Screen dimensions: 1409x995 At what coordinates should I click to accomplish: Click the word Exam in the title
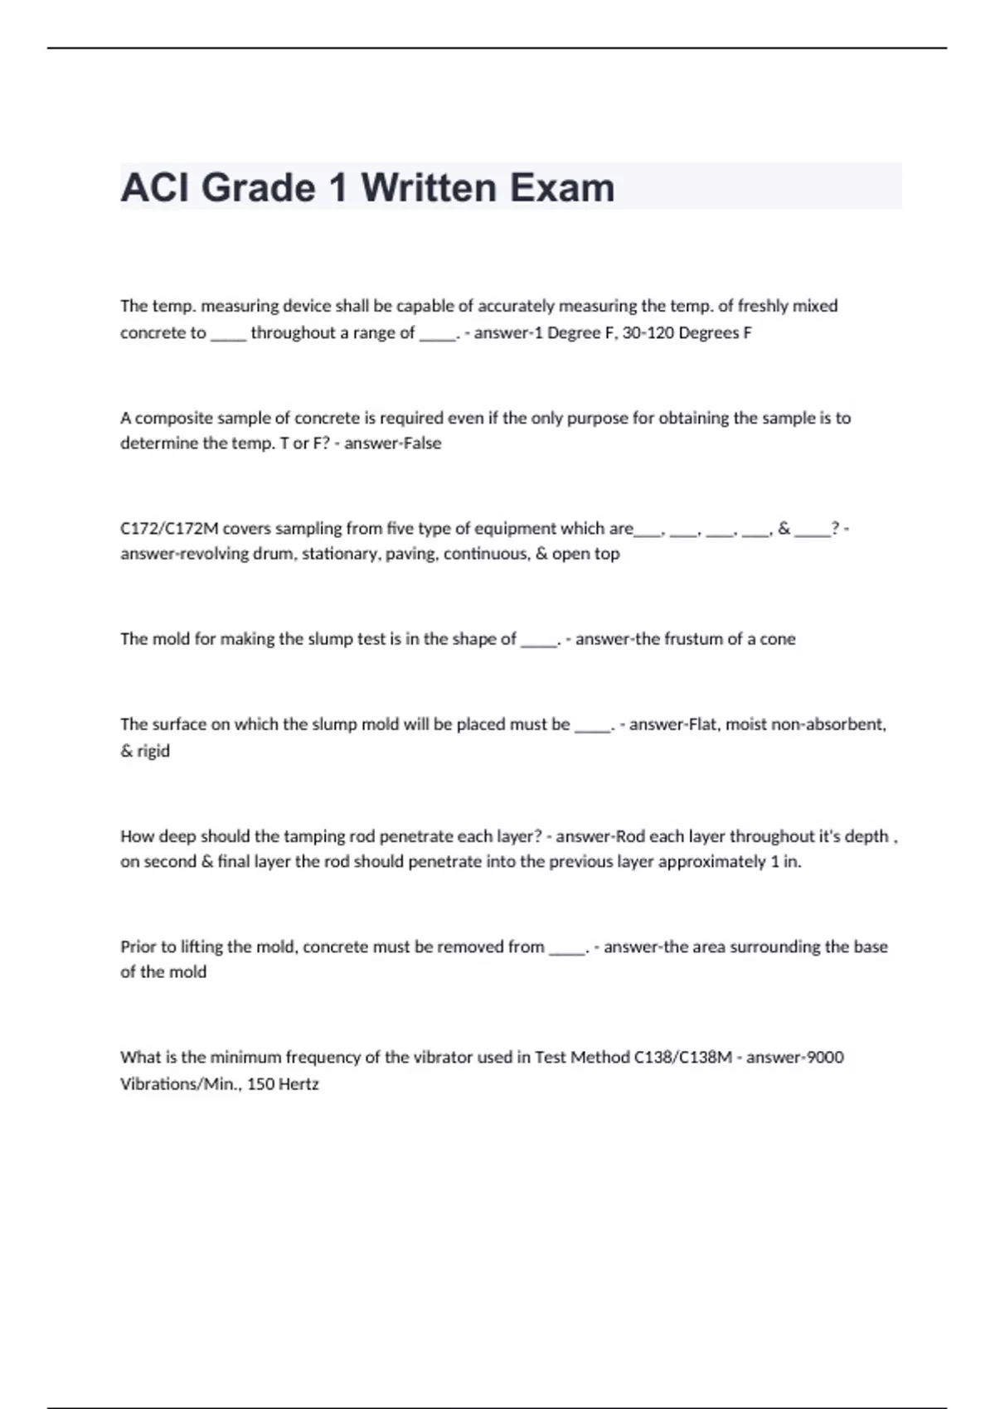coord(561,187)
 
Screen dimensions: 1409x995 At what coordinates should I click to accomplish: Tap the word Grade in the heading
coord(258,187)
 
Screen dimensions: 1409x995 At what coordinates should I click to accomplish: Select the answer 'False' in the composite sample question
coord(421,443)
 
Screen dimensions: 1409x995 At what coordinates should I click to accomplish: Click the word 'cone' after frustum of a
coord(778,639)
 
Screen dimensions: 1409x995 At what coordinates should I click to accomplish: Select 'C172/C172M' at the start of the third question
coord(169,529)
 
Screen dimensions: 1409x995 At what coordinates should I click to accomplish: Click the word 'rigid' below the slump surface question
coord(153,751)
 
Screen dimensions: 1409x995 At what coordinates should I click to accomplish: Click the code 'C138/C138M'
coord(682,1058)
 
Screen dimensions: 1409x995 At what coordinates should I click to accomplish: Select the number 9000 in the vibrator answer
coord(825,1058)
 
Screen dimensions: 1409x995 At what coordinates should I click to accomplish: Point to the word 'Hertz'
coord(298,1084)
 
